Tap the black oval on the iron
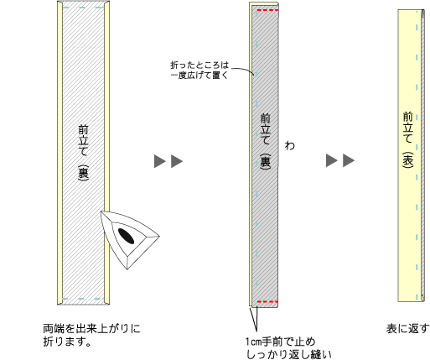click(x=126, y=236)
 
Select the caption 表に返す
click(x=407, y=329)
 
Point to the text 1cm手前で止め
click(x=280, y=342)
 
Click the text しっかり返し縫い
click(x=289, y=354)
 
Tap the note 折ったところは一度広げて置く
click(x=199, y=70)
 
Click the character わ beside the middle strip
click(x=290, y=145)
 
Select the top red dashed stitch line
click(x=267, y=10)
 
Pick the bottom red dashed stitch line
click(x=267, y=302)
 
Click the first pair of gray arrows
click(x=168, y=161)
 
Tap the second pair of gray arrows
click(x=340, y=160)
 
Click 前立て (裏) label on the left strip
click(x=83, y=153)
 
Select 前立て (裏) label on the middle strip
click(x=265, y=142)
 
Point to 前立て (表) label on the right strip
click(x=407, y=139)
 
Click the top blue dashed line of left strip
click(x=83, y=8)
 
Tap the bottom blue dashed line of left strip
click(x=83, y=299)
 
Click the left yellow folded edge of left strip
click(x=60, y=153)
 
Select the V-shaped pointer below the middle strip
click(x=254, y=319)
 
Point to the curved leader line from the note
click(x=244, y=70)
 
